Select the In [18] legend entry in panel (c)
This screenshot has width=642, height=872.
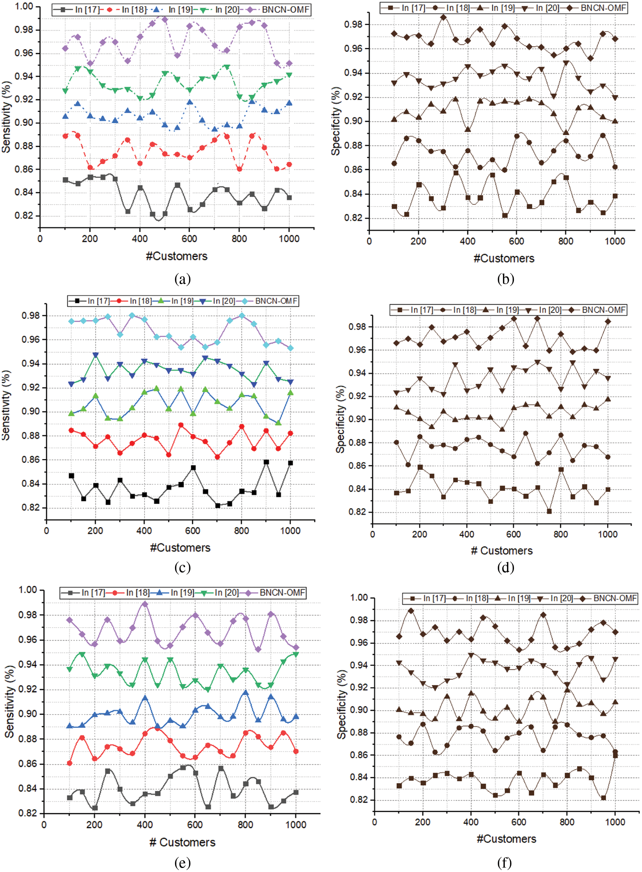click(x=140, y=301)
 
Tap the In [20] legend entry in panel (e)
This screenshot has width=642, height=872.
click(x=226, y=592)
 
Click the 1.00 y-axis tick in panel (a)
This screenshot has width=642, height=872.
click(x=24, y=7)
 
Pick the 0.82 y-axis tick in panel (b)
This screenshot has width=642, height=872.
click(x=353, y=218)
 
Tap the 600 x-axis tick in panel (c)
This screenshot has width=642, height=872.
click(x=192, y=531)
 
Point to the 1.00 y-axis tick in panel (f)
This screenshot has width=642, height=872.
click(x=359, y=597)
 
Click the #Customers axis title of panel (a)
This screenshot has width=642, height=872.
click(x=177, y=256)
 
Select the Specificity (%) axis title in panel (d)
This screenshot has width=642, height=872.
click(x=340, y=419)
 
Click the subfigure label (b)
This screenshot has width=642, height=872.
click(x=506, y=279)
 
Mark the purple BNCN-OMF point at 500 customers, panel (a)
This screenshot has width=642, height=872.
click(x=164, y=19)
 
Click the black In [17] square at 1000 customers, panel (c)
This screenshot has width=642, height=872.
click(x=290, y=463)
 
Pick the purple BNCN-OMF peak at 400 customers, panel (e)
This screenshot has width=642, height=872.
click(x=145, y=604)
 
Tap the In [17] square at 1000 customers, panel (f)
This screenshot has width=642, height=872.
click(x=615, y=756)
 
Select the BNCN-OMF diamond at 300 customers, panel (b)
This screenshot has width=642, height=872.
click(x=444, y=18)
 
